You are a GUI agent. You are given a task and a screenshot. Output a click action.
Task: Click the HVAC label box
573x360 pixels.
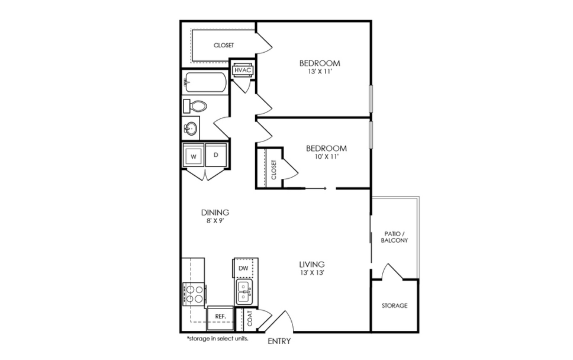coord(243,70)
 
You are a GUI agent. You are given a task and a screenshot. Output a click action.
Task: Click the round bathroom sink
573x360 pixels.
coord(191,127)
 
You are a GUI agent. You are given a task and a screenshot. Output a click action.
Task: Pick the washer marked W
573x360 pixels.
coord(193,156)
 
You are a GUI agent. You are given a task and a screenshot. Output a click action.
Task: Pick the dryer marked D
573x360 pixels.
coord(216,155)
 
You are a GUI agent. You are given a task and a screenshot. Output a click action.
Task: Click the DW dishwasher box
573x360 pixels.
coord(243,268)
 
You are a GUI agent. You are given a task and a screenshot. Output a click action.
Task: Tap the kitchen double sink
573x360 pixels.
coord(244,292)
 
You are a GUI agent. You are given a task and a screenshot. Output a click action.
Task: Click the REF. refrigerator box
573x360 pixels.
coord(220,316)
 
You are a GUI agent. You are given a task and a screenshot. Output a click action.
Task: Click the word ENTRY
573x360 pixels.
coord(279,342)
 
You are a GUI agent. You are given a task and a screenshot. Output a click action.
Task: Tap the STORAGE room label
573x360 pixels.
coord(394,306)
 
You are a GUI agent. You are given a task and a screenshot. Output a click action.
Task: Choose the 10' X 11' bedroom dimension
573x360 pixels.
coord(326,157)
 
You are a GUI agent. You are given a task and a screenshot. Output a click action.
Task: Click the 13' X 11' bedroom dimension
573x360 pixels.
coord(319,72)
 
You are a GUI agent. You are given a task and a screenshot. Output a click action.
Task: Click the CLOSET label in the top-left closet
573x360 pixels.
coord(224,46)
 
